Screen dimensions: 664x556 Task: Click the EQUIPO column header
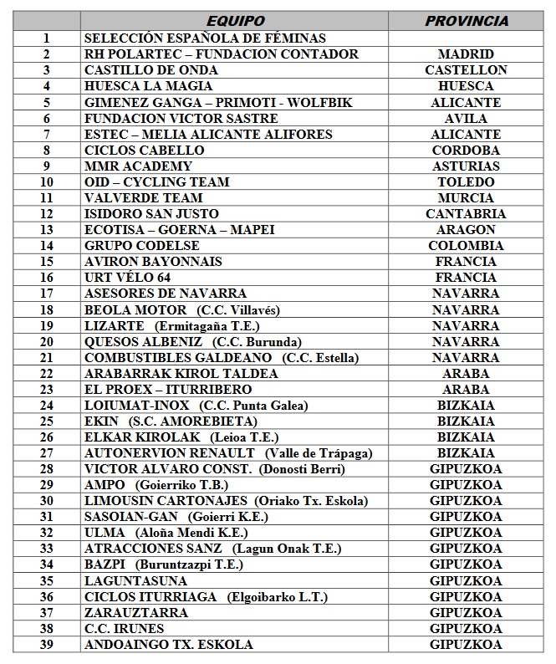coord(235,21)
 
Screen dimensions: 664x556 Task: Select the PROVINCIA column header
coord(466,21)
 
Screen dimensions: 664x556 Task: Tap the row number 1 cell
coord(47,38)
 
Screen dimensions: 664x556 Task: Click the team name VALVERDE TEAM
coord(144,197)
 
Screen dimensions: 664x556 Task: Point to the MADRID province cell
coord(466,54)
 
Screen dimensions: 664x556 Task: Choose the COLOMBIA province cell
coord(466,246)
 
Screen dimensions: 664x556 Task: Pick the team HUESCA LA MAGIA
coord(149,85)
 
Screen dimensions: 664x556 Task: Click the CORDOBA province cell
coord(466,150)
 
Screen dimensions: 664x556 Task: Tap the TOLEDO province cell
coord(466,181)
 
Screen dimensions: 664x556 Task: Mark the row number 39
coord(47,645)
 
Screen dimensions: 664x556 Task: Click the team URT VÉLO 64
coord(134,278)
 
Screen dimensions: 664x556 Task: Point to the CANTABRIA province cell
coord(466,213)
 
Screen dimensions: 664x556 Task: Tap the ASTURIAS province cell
coord(466,166)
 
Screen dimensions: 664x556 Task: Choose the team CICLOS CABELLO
coord(145,150)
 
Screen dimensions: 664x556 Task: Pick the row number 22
coord(47,374)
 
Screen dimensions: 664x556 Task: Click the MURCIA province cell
coord(466,197)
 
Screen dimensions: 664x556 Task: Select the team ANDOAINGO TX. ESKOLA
coord(169,645)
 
